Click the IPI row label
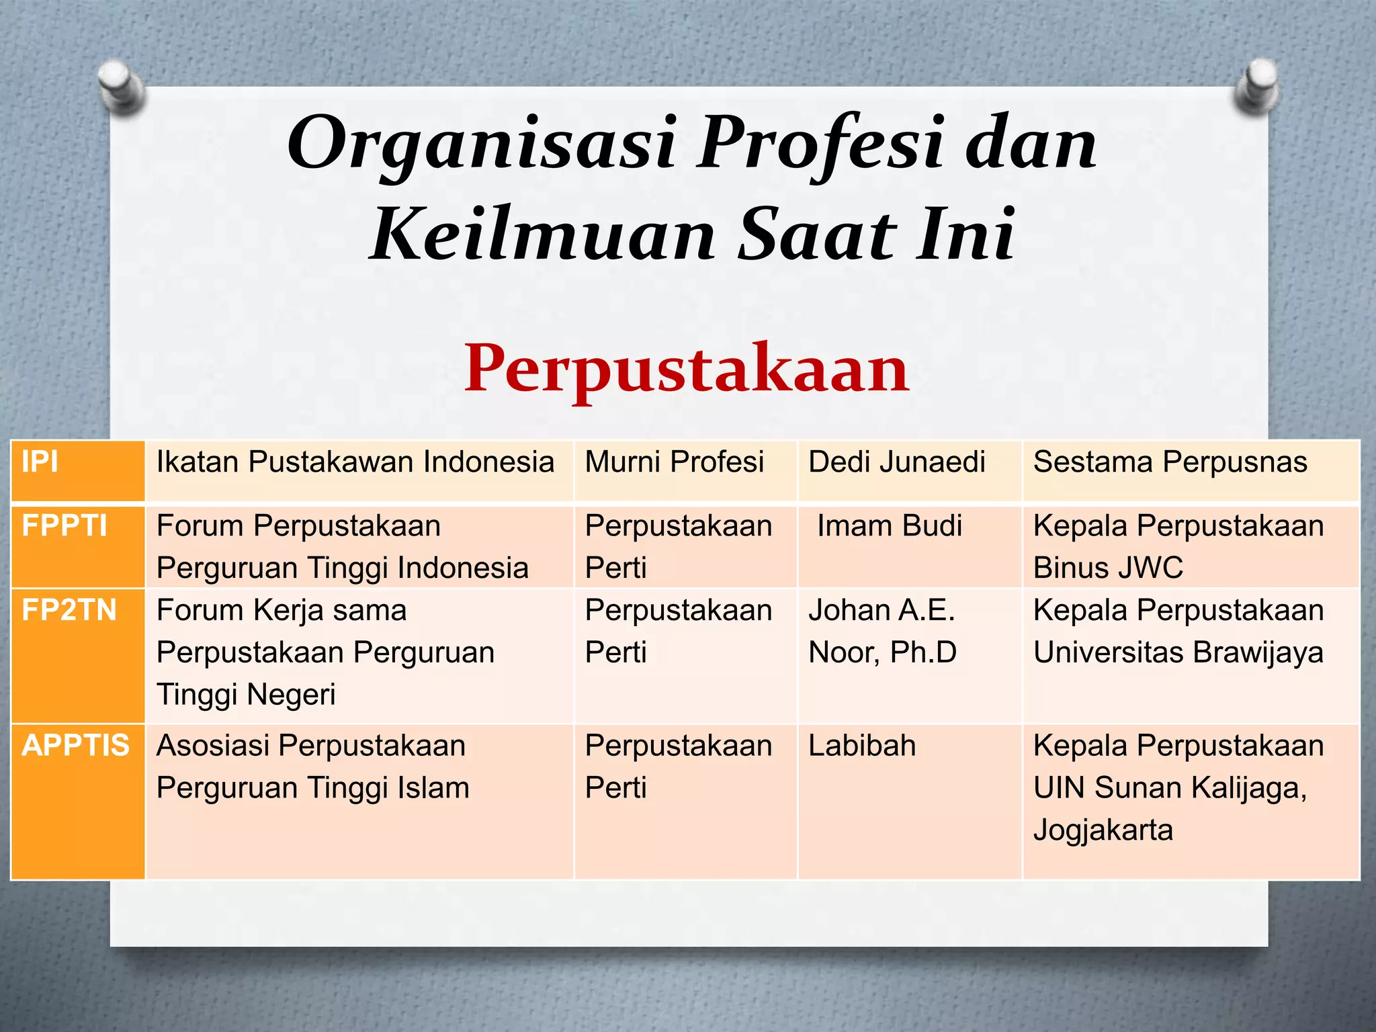40,462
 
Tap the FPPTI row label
64,525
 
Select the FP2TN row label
69,610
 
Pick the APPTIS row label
75,746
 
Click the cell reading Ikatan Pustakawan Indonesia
355,462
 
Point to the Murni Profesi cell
675,462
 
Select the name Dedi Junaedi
897,462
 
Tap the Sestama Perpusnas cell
1170,462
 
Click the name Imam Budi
890,525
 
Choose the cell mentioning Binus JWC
1178,547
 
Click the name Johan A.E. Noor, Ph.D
882,631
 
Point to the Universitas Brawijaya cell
1178,631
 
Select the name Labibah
862,746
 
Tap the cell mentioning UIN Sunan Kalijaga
1178,787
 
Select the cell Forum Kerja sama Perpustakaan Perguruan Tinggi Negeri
326,652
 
